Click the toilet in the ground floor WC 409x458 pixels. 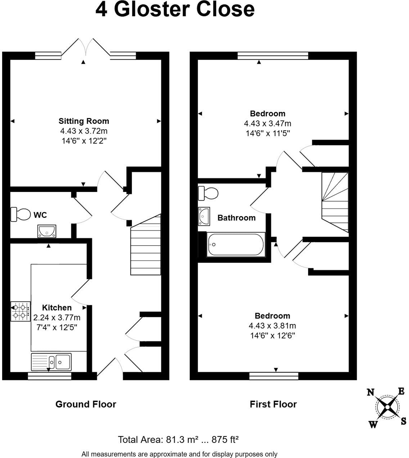tap(21, 214)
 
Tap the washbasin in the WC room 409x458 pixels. tap(46, 231)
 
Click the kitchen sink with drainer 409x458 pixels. tap(51, 361)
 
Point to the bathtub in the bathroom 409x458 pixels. tap(236, 245)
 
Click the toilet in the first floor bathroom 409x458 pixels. tap(208, 193)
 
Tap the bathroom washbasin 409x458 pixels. tap(204, 216)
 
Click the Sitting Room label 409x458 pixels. tap(84, 121)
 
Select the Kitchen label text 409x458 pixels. tap(57, 307)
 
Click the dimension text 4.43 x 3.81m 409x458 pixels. tap(272, 325)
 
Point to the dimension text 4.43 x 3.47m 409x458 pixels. tap(268, 124)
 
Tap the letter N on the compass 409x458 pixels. tap(370, 392)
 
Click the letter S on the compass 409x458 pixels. tap(404, 421)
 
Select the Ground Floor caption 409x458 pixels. tap(86, 404)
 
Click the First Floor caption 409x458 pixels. tap(273, 404)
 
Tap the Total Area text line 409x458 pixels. tap(179, 440)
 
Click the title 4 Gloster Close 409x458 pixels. tap(175, 9)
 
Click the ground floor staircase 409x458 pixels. tap(145, 245)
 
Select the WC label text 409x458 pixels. tap(40, 215)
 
